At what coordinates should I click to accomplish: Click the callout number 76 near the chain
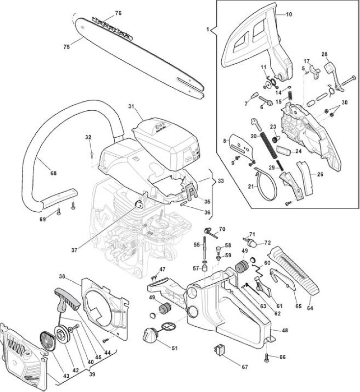click(x=118, y=13)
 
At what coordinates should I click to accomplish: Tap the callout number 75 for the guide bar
click(x=67, y=47)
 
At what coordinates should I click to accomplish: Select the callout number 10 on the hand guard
click(x=289, y=14)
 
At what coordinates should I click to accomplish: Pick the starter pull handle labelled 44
click(x=66, y=299)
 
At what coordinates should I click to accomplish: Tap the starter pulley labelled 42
click(x=61, y=334)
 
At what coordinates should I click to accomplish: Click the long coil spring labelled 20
click(x=269, y=145)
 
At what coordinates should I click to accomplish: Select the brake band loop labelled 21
click(x=266, y=184)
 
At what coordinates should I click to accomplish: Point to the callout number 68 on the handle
click(x=53, y=173)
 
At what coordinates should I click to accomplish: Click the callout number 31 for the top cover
click(x=131, y=106)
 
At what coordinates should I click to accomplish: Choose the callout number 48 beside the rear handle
click(x=284, y=330)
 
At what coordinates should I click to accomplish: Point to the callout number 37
click(x=74, y=250)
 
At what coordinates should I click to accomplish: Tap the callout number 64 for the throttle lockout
click(x=309, y=308)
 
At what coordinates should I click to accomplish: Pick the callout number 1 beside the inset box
click(x=207, y=29)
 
